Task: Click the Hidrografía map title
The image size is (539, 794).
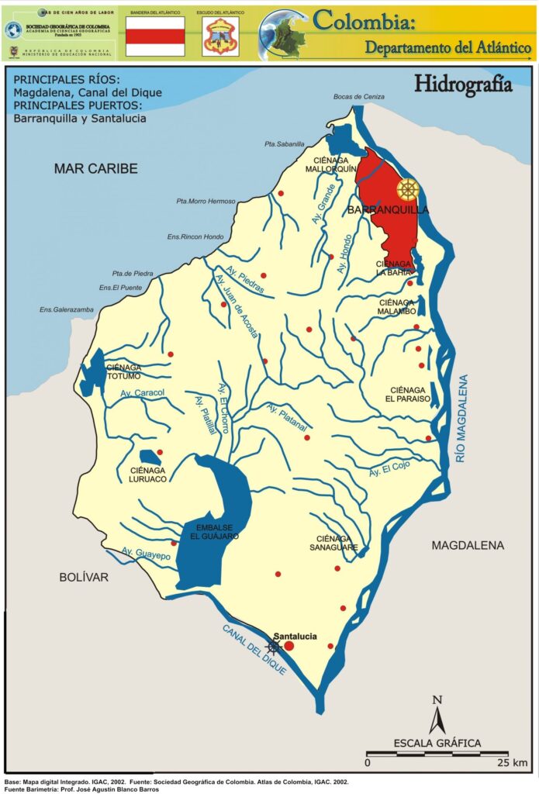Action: pos(463,84)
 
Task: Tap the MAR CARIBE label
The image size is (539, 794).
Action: pos(95,168)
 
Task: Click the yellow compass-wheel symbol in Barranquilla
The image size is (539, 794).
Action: pos(408,189)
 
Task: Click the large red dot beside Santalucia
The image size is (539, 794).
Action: pos(289,646)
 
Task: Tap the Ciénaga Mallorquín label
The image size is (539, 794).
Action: pos(330,164)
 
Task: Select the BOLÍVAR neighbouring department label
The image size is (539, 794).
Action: pos(83,577)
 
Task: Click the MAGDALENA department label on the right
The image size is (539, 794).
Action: pos(468,545)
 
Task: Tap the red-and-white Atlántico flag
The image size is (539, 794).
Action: pos(155,36)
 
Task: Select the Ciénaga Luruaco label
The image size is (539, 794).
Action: pos(147,475)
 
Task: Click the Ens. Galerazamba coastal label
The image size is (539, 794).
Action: pos(66,309)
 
